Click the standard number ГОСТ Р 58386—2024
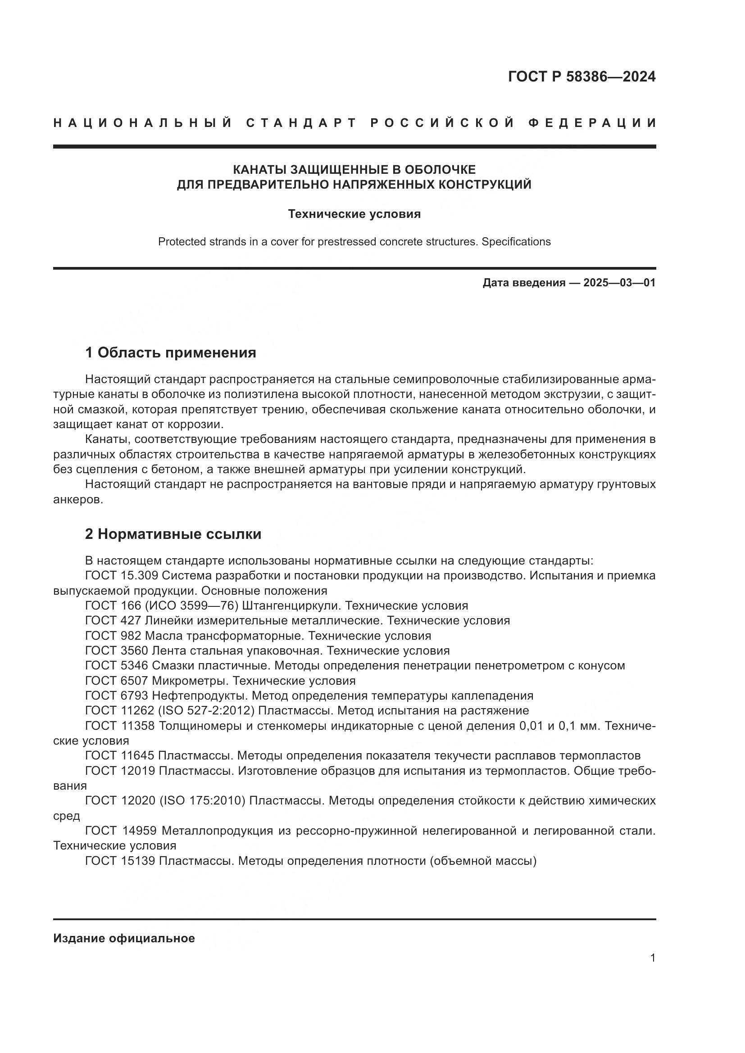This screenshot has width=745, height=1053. [581, 77]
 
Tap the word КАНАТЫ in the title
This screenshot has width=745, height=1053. [259, 170]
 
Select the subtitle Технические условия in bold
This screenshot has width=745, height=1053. [354, 214]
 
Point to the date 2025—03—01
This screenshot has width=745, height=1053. [619, 283]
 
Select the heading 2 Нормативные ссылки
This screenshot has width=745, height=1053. [173, 534]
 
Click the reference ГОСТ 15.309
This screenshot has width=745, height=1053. [122, 576]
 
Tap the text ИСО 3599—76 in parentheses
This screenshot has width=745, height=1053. [192, 606]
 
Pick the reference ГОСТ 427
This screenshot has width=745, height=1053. [114, 620]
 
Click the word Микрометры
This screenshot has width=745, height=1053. [189, 681]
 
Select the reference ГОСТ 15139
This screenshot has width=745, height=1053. [120, 861]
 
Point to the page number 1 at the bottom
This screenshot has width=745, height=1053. [653, 958]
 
